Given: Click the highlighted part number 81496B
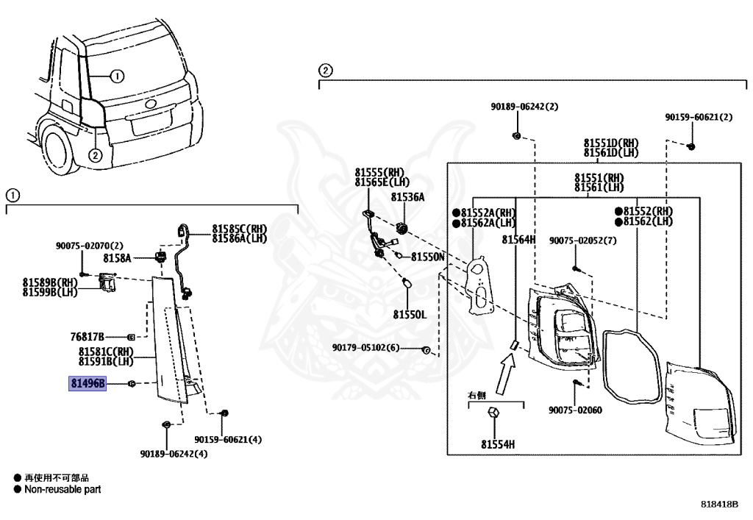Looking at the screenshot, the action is [88, 383].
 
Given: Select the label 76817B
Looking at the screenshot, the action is [87, 337].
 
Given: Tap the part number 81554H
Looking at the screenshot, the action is [498, 445].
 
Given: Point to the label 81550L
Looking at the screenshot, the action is [410, 315].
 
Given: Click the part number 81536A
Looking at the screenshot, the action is [407, 197].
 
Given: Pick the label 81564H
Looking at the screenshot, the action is [518, 239].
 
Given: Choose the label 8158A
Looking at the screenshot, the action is [117, 258].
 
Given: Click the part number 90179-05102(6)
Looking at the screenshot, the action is [365, 347].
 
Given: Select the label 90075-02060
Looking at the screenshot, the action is [575, 410].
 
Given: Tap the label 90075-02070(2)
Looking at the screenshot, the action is [89, 246].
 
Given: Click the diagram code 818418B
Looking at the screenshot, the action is [719, 504].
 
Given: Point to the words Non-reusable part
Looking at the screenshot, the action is [63, 489].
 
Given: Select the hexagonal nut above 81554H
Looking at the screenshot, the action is [494, 413].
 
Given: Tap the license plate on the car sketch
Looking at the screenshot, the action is [152, 122].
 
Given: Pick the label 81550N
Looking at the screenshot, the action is [427, 257].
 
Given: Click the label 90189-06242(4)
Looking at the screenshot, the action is [174, 454].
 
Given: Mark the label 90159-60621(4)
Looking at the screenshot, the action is [228, 439].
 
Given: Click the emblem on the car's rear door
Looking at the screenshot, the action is [149, 104].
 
